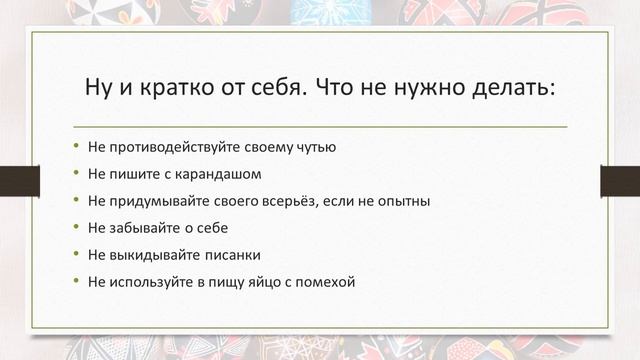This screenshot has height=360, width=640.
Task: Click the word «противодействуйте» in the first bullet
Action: [x=169, y=147]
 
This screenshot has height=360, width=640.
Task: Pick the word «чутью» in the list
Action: [x=316, y=147]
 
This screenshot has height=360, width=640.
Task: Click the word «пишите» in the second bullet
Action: [x=129, y=174]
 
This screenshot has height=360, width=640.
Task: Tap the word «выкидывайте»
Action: [x=150, y=255]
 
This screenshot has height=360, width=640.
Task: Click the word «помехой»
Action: [x=326, y=282]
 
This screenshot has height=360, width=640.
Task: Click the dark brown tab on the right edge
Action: [x=619, y=181]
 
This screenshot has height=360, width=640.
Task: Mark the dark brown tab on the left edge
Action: [x=19, y=181]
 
